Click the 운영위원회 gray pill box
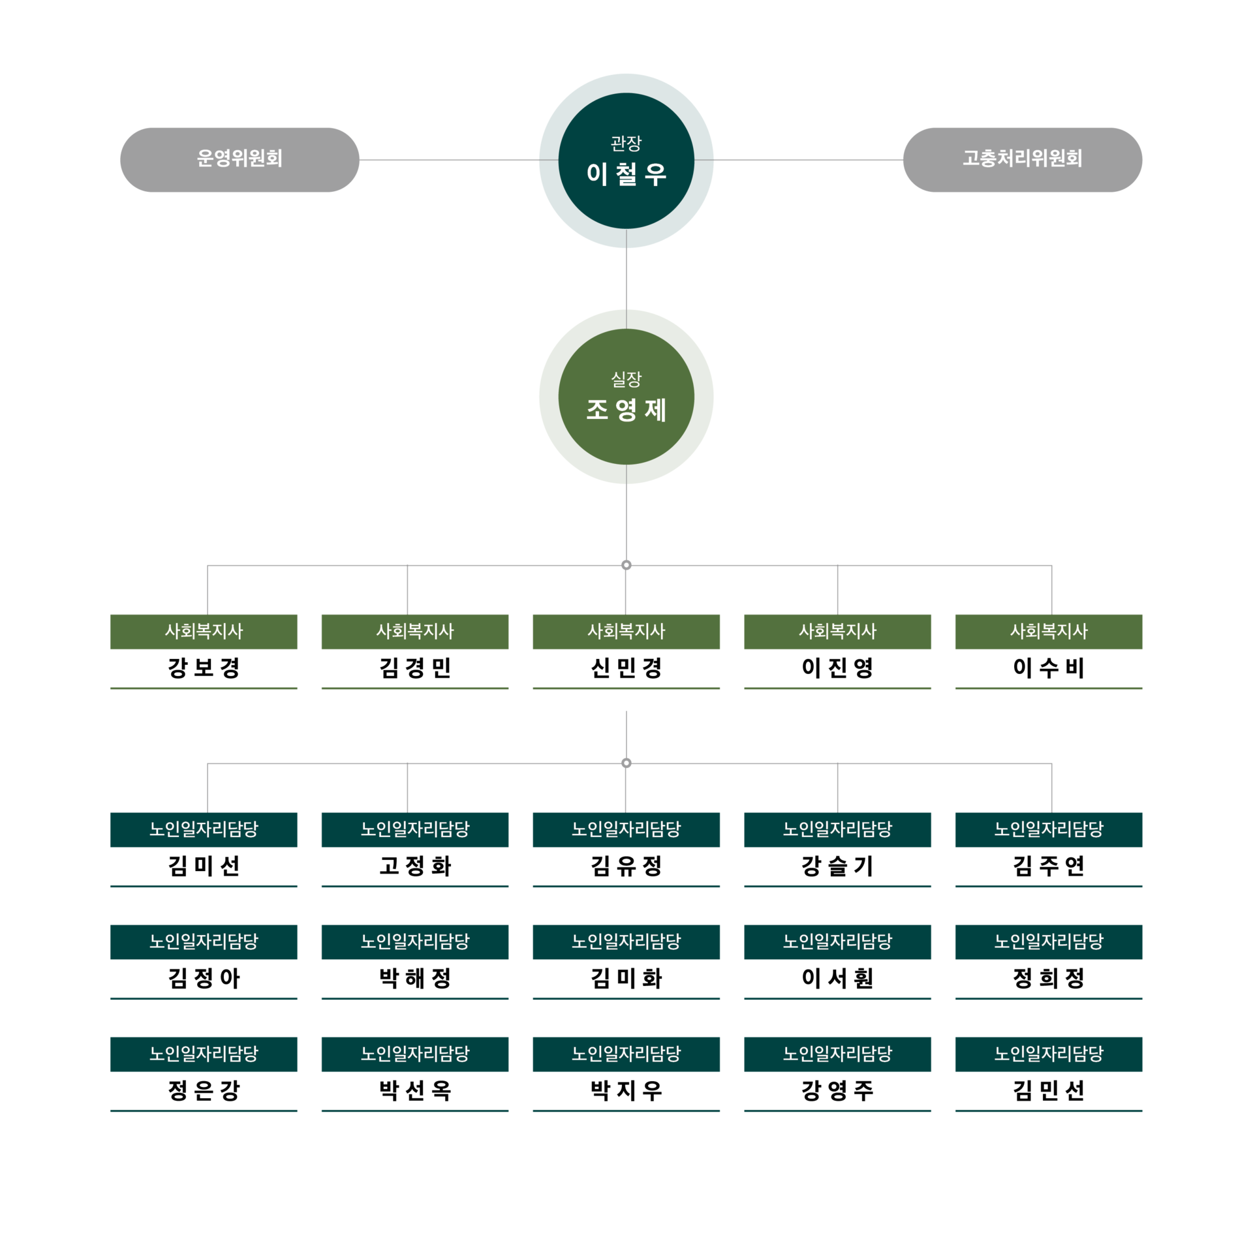click(240, 160)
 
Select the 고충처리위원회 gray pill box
click(1022, 160)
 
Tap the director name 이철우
click(626, 174)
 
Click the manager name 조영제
click(626, 410)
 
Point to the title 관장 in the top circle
click(626, 143)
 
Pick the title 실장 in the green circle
click(626, 379)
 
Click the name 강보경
click(204, 667)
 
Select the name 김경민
click(415, 667)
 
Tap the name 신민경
click(626, 667)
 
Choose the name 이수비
click(1049, 667)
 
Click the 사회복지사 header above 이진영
click(837, 632)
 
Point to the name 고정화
click(415, 866)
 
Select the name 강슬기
click(837, 866)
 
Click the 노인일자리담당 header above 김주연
click(1049, 830)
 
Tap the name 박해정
click(415, 978)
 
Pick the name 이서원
click(837, 978)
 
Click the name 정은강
click(204, 1090)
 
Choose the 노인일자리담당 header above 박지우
click(626, 1054)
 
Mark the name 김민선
click(1049, 1090)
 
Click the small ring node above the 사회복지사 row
click(626, 565)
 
